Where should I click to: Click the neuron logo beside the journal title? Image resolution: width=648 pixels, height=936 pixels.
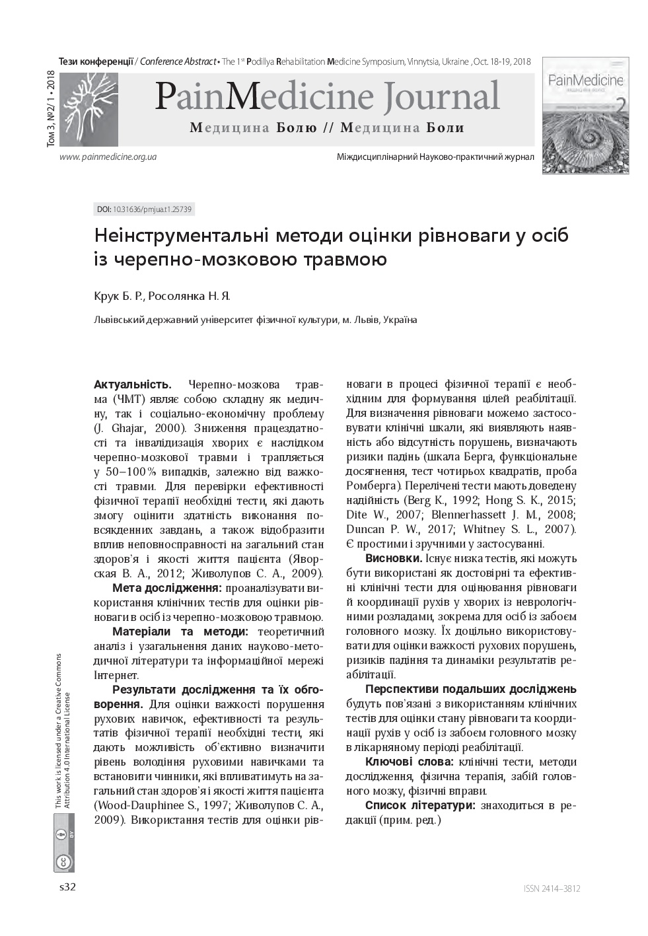(x=89, y=110)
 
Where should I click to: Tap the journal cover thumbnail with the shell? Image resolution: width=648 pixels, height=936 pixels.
(x=585, y=115)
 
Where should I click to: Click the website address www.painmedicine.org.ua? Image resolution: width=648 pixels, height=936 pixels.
(x=108, y=157)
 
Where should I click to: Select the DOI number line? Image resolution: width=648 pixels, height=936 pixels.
(x=144, y=209)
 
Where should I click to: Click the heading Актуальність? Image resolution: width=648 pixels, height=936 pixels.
(x=133, y=384)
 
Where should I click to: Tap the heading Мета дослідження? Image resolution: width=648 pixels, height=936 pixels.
(x=166, y=588)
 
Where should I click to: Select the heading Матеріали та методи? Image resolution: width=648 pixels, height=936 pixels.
(x=180, y=631)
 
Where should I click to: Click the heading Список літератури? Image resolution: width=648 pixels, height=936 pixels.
(x=420, y=805)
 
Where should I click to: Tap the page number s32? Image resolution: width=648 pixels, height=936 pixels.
(x=68, y=887)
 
